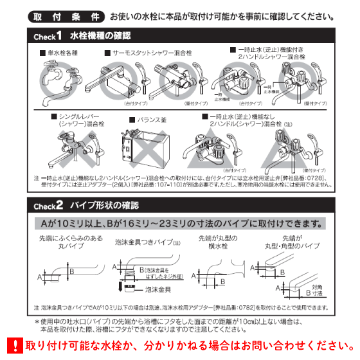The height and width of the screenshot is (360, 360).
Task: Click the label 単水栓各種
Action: (x=62, y=55)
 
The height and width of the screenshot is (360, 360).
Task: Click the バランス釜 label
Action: (x=163, y=119)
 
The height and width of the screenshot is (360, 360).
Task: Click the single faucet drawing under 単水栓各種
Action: (x=60, y=84)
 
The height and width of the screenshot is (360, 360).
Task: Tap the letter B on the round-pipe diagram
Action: (x=73, y=271)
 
